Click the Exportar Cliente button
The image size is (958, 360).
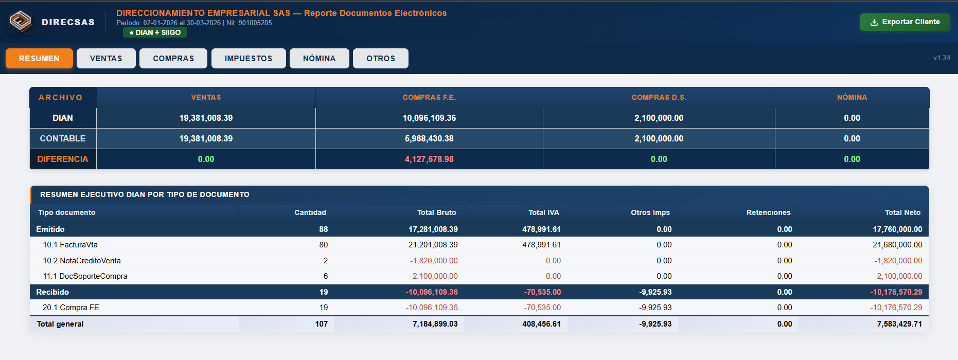point(904,22)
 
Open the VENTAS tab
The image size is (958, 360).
point(106,59)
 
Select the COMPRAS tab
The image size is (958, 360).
point(173,59)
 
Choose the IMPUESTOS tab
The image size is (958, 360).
point(249,59)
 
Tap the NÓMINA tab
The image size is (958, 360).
point(320,59)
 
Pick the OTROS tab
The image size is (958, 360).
point(381,59)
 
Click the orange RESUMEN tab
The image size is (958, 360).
point(39,59)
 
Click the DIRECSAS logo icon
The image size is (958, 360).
point(21,22)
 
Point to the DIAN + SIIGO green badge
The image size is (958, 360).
point(155,32)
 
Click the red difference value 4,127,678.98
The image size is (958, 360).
point(429,159)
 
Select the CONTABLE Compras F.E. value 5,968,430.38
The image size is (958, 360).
point(429,139)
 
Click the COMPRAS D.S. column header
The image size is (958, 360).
point(659,97)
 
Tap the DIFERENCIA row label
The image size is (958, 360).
point(63,159)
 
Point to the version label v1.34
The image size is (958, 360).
point(942,58)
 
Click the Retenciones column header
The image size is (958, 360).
point(768,212)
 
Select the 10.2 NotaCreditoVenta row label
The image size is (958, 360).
point(82,261)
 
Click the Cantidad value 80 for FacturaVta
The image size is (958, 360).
point(323,245)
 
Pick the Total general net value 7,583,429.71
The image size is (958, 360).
point(899,324)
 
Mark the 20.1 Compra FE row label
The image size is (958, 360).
point(71,308)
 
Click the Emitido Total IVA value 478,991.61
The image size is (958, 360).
point(541,229)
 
